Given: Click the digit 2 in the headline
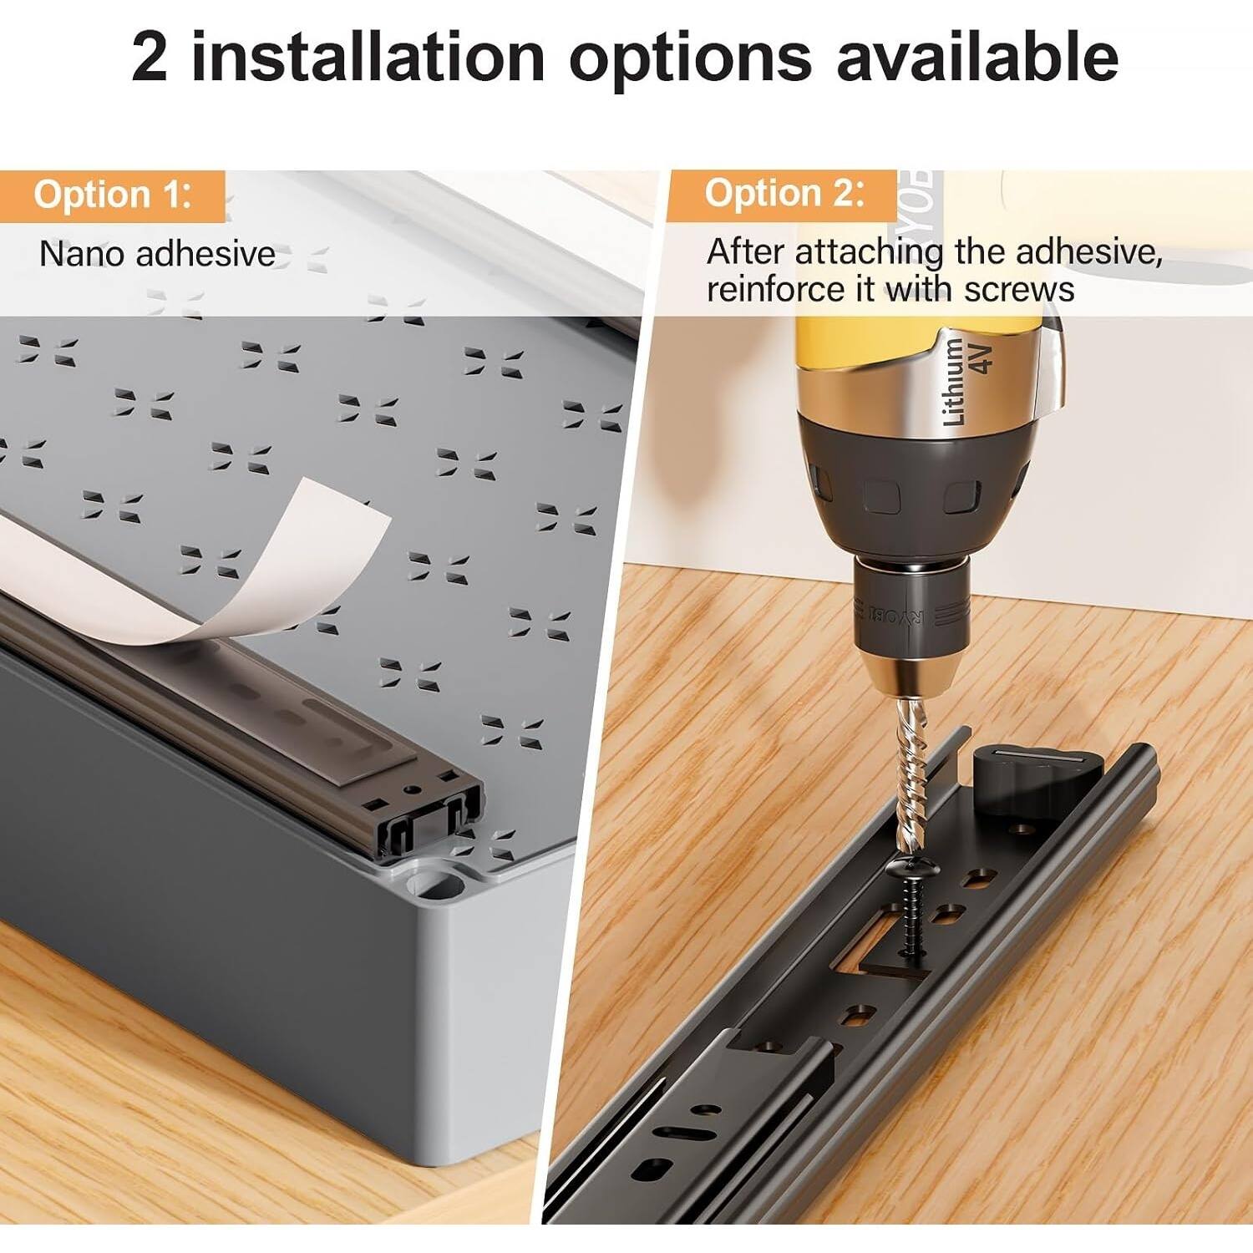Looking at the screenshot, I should [x=150, y=57].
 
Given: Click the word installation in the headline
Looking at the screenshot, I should [x=368, y=57].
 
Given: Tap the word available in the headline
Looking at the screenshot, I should [x=977, y=57].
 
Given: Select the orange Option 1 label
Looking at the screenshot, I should [x=113, y=195].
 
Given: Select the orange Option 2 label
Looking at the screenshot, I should [x=784, y=194].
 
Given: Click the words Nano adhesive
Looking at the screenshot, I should [x=157, y=254].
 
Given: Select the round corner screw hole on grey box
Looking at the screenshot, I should [x=434, y=881].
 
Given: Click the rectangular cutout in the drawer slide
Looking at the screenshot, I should [x=877, y=944].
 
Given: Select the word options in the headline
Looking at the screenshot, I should [x=690, y=57].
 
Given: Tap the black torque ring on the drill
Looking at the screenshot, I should [x=911, y=493].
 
